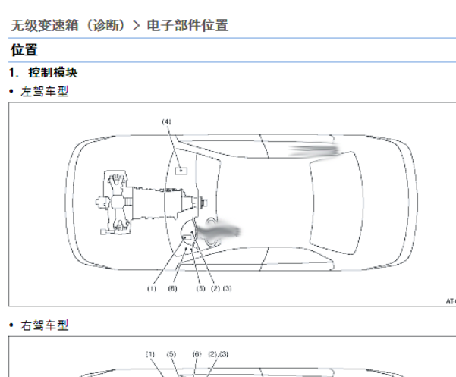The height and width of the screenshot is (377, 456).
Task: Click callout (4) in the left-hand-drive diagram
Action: point(166,121)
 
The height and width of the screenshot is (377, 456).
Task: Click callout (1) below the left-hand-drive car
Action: point(152,289)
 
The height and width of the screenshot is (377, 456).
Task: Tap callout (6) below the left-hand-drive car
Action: point(172,289)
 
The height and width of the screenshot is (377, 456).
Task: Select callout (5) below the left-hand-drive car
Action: point(200,289)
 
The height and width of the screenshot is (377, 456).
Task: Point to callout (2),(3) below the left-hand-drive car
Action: point(222,289)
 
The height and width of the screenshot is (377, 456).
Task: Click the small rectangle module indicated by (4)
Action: point(181,171)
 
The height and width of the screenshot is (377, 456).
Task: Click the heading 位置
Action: point(24,50)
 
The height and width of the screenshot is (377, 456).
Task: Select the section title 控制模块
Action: point(53,73)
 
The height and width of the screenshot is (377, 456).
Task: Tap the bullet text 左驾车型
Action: point(45,92)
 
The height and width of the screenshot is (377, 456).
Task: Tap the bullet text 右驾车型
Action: point(45,325)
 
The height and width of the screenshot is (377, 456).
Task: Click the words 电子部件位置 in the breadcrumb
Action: point(187,25)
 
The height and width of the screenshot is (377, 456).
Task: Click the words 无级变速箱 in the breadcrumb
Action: point(45,25)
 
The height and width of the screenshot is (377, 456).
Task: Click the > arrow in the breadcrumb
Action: point(136,26)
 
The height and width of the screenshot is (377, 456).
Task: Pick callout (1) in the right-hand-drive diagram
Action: point(150,354)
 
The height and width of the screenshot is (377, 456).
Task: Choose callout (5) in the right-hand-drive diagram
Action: point(171,354)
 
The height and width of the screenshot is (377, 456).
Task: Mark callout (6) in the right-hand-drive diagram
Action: point(197,354)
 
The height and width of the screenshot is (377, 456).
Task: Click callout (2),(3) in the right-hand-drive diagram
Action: point(219,354)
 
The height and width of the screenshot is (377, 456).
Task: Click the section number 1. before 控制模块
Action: point(14,73)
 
